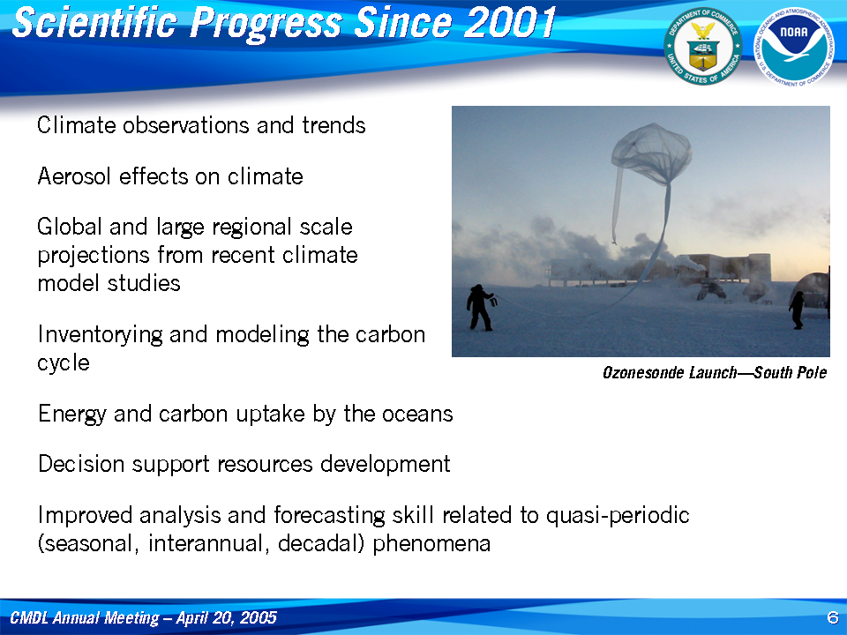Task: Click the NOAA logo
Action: click(x=793, y=47)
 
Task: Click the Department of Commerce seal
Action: click(x=703, y=47)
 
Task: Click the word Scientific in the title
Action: click(x=95, y=23)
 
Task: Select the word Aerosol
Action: click(x=74, y=176)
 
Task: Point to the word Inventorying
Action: click(x=100, y=335)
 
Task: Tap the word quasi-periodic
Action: click(x=618, y=516)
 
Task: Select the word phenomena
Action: click(x=431, y=544)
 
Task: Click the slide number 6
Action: click(x=832, y=617)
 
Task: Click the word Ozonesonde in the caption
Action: click(x=642, y=372)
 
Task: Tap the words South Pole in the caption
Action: click(x=791, y=372)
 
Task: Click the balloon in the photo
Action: click(x=651, y=153)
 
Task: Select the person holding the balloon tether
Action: click(x=480, y=308)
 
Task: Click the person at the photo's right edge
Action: click(x=798, y=310)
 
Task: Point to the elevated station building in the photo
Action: click(x=659, y=268)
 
